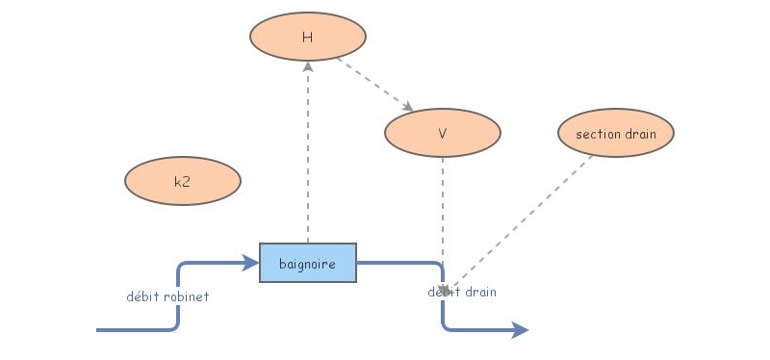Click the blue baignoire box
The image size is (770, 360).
(308, 263)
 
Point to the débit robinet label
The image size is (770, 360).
(167, 296)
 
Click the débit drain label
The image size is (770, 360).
(463, 292)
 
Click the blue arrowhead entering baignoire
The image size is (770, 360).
(252, 262)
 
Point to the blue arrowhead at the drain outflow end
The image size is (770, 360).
(521, 330)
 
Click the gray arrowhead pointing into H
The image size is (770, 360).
(308, 67)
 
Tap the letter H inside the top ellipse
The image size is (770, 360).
(308, 38)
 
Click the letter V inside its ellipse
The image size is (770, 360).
(443, 135)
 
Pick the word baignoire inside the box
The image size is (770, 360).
(308, 264)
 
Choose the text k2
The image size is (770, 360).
(182, 182)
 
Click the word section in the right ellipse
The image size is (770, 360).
(598, 134)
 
